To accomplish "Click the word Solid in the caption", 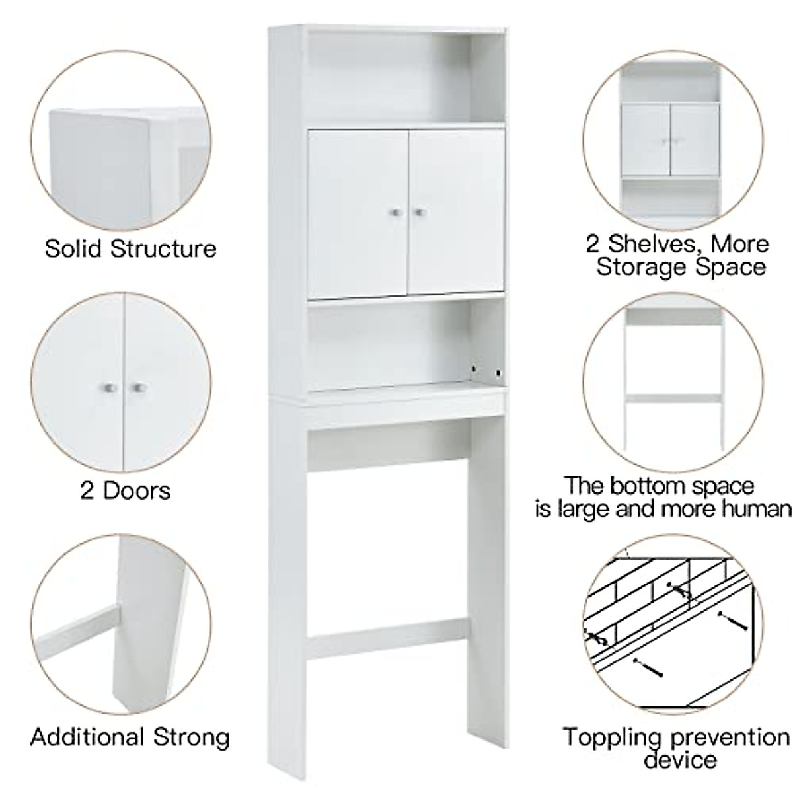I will point(74,249).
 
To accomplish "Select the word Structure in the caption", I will point(163,249).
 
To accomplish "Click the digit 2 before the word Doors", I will point(87,491).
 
